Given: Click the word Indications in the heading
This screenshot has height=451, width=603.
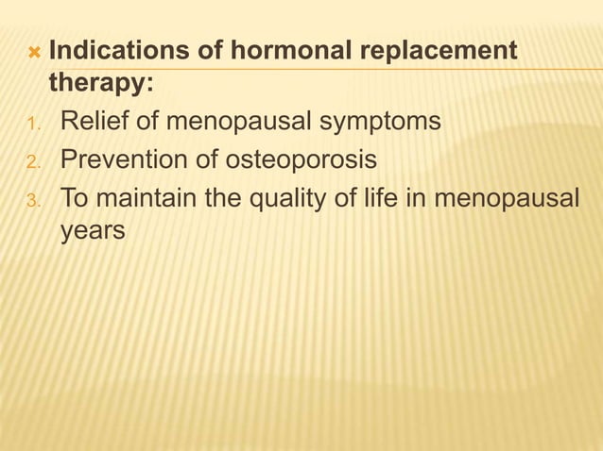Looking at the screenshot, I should [x=121, y=50].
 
